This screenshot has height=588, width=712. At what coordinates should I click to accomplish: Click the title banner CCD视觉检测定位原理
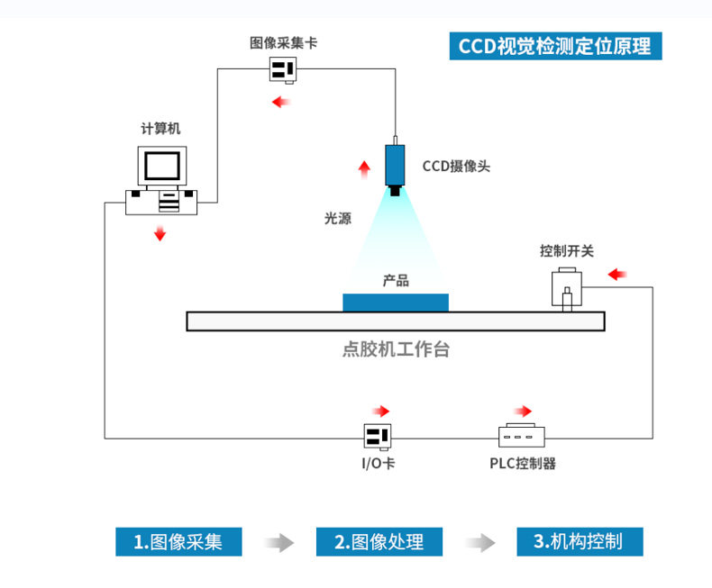555,46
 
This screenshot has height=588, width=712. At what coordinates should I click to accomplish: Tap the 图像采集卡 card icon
283,68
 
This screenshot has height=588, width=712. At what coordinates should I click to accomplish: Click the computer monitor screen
162,166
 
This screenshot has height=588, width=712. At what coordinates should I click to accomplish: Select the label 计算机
160,129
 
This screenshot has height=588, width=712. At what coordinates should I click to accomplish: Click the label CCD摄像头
456,167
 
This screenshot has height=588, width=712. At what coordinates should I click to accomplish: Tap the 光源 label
338,219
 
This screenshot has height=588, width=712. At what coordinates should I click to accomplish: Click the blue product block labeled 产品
395,302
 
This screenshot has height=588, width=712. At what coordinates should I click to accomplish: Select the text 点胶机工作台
396,349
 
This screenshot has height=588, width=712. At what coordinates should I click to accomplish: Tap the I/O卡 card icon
377,437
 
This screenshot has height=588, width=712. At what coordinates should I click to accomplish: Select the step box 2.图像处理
379,541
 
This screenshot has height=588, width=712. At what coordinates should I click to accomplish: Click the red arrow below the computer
160,234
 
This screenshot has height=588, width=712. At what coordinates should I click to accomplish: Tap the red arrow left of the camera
364,167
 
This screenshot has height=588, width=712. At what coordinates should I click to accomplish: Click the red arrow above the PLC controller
523,411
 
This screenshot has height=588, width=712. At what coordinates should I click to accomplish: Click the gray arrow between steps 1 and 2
279,542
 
